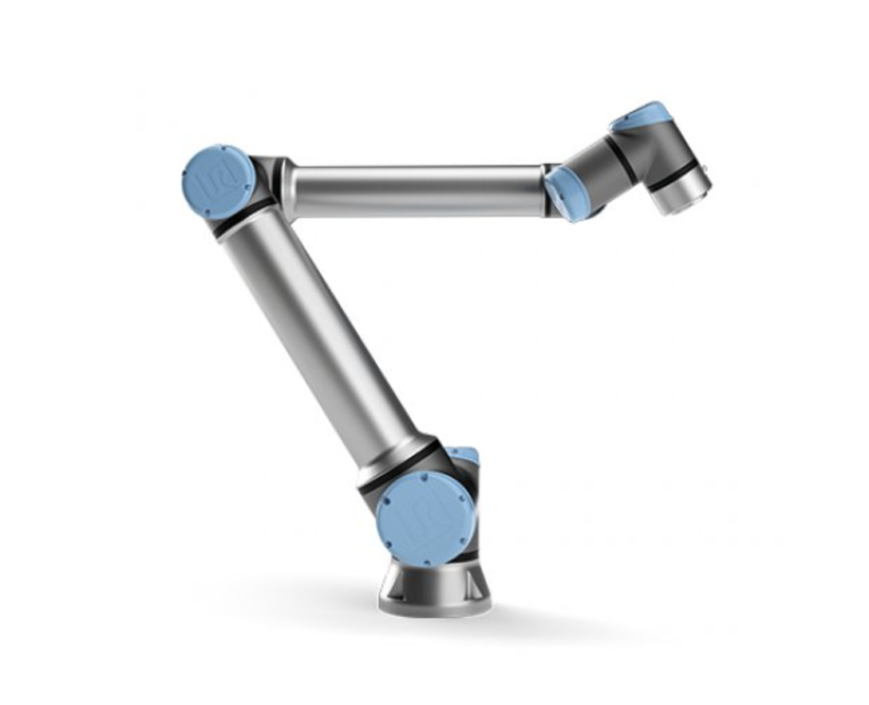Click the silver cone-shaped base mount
click(434, 586)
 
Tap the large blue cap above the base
click(425, 519)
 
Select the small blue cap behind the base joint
click(464, 456)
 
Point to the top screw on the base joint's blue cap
click(423, 482)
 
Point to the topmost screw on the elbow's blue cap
click(222, 149)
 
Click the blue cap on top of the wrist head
click(641, 115)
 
